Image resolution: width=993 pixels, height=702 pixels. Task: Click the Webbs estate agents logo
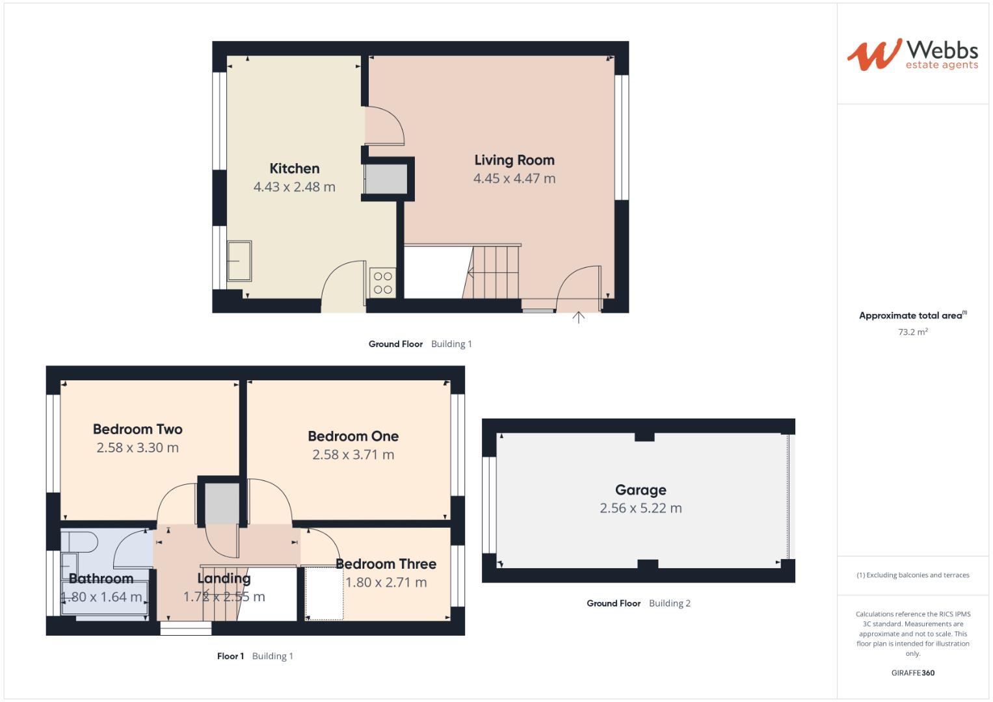pyautogui.click(x=912, y=54)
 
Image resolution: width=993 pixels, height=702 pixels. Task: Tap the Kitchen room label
pyautogui.click(x=295, y=168)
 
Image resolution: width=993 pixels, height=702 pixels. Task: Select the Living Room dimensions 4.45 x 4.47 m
pyautogui.click(x=514, y=179)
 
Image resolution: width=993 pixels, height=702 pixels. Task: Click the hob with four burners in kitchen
pyautogui.click(x=383, y=283)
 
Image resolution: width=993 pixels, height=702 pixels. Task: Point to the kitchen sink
pyautogui.click(x=239, y=261)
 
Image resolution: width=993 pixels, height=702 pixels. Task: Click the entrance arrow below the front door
pyautogui.click(x=578, y=317)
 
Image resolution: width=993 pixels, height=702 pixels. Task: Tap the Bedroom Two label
pyautogui.click(x=138, y=429)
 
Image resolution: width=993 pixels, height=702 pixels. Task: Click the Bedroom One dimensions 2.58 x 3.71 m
pyautogui.click(x=353, y=455)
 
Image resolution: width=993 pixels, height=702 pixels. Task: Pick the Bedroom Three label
pyautogui.click(x=386, y=564)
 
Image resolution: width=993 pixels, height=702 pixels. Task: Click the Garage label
pyautogui.click(x=641, y=490)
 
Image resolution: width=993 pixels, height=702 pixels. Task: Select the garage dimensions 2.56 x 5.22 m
pyautogui.click(x=641, y=508)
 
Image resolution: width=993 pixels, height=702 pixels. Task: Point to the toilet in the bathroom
pyautogui.click(x=81, y=541)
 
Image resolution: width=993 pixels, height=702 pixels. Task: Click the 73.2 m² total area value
pyautogui.click(x=912, y=331)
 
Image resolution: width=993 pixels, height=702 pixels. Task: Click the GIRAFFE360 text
pyautogui.click(x=912, y=673)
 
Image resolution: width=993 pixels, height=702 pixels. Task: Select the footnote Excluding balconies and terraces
pyautogui.click(x=912, y=575)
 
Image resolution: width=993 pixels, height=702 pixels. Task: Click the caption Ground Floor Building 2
pyautogui.click(x=638, y=603)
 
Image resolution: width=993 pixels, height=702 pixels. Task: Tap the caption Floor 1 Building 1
pyautogui.click(x=255, y=656)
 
